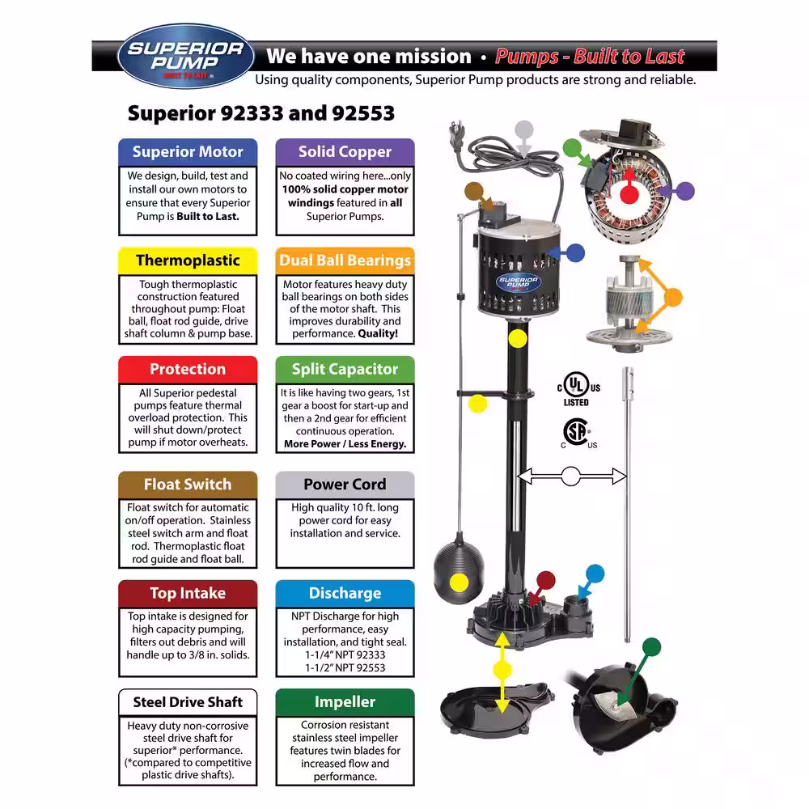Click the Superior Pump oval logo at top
click(x=186, y=56)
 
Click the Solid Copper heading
click(x=345, y=152)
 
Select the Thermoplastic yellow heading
click(x=188, y=260)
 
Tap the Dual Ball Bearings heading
click(x=345, y=260)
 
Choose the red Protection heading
click(x=188, y=370)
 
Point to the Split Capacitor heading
click(x=345, y=370)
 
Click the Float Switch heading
click(x=188, y=485)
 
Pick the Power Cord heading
click(x=345, y=485)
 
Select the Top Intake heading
click(x=188, y=593)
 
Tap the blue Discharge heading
click(x=345, y=593)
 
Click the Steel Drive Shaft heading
click(x=188, y=702)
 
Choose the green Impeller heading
click(x=345, y=702)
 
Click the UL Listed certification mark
click(x=578, y=388)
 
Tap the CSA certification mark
click(x=578, y=434)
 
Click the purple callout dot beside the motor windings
click(x=685, y=192)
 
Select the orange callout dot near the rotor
click(x=673, y=297)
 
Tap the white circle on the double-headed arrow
click(x=570, y=477)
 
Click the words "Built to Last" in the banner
click(x=629, y=56)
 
